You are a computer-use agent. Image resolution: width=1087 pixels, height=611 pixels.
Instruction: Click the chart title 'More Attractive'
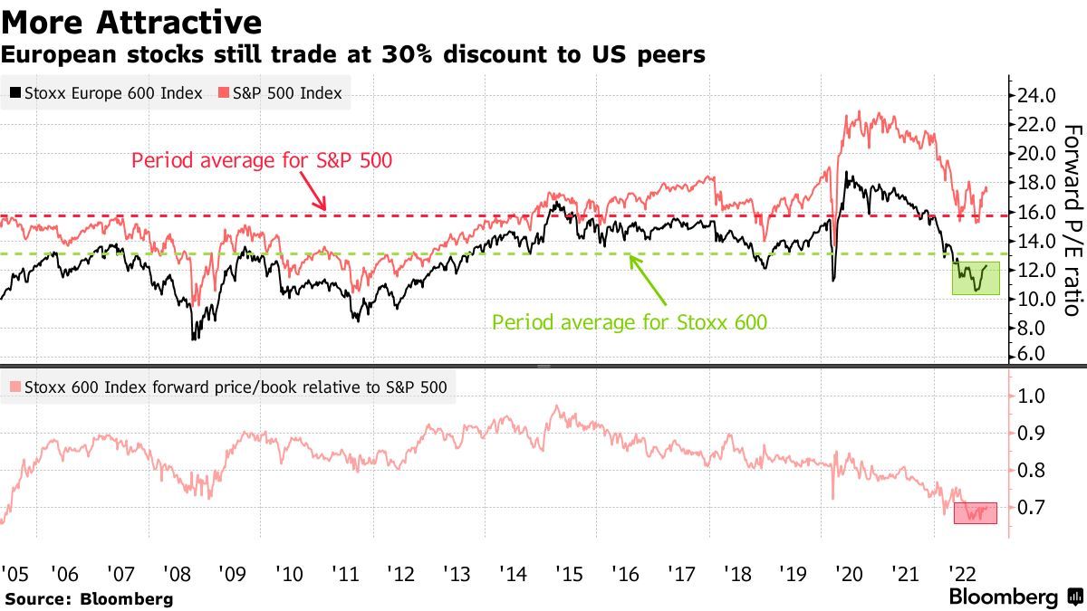[x=132, y=22]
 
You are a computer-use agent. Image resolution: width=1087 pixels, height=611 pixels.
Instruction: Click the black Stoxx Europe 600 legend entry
[x=105, y=93]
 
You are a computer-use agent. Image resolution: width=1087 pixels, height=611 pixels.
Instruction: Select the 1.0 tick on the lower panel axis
[x=1034, y=396]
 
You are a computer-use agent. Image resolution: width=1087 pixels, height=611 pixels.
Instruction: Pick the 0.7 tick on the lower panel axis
[x=1034, y=508]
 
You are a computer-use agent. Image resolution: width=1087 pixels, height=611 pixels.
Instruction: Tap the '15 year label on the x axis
[x=569, y=573]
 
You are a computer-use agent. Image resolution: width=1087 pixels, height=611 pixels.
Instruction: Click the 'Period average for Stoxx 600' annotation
[x=629, y=321]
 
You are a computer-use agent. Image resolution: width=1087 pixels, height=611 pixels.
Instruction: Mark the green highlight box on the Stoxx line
[x=975, y=278]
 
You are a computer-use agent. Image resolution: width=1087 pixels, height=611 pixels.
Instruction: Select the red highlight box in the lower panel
[x=975, y=512]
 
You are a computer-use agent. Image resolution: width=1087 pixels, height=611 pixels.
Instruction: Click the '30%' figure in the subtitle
[x=401, y=55]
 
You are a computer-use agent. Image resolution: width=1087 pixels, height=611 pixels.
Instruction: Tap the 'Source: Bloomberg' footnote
[x=89, y=598]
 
